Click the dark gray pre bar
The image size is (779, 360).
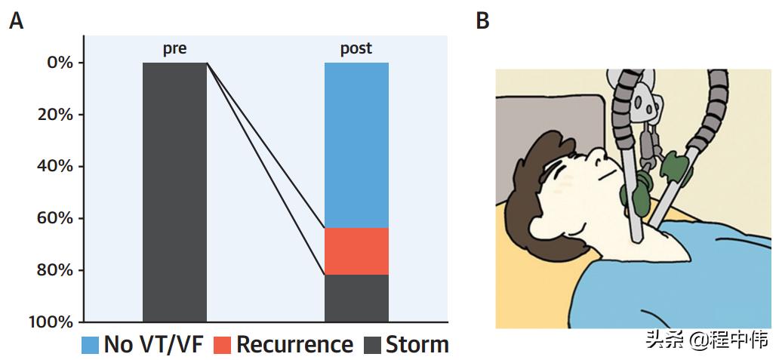(174, 192)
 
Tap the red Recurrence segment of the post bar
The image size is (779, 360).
(356, 251)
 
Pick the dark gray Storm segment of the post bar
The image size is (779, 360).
(356, 298)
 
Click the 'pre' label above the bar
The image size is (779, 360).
(174, 49)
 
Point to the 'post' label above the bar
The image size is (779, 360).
(356, 49)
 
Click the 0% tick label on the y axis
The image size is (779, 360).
(60, 63)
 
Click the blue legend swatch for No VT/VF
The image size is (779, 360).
(91, 346)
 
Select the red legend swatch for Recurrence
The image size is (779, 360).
(221, 346)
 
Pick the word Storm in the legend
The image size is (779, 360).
(417, 345)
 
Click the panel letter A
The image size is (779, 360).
(16, 21)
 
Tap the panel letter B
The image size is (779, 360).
(483, 21)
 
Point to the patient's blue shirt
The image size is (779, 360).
(679, 279)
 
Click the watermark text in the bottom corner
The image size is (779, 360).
(707, 341)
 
